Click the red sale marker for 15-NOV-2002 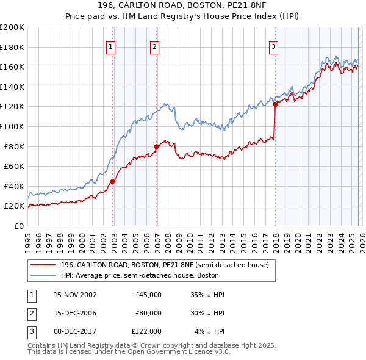pyautogui.click(x=113, y=181)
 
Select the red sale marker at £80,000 pyautogui.click(x=157, y=146)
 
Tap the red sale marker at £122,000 pyautogui.click(x=275, y=104)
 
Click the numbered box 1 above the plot pyautogui.click(x=111, y=46)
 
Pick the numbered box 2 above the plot pyautogui.click(x=155, y=46)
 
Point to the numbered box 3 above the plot pyautogui.click(x=273, y=46)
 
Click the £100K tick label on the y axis pyautogui.click(x=12, y=126)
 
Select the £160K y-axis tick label pyautogui.click(x=12, y=67)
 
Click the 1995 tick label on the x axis pyautogui.click(x=28, y=239)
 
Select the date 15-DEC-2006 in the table pyautogui.click(x=75, y=313)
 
